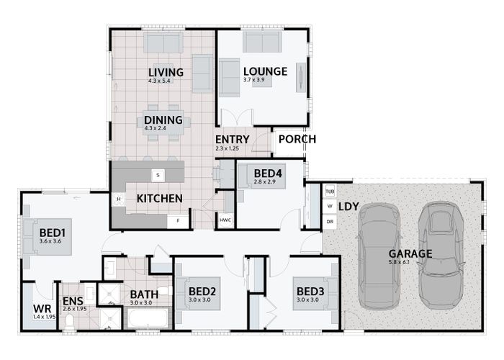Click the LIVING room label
(166, 72)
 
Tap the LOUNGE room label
(265, 71)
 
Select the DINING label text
(163, 120)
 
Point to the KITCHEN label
(159, 199)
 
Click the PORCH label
(297, 140)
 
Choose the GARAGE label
(410, 253)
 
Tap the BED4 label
(267, 173)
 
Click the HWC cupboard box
(225, 219)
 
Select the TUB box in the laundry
(330, 191)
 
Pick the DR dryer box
(330, 222)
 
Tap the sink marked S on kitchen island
(156, 174)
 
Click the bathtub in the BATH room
(148, 318)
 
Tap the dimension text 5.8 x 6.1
(410, 263)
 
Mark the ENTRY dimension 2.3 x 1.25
(227, 148)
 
